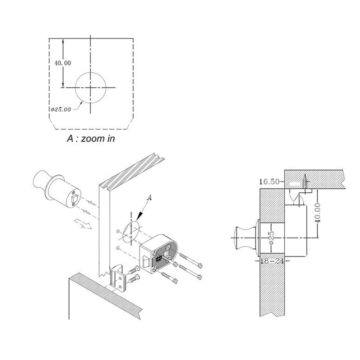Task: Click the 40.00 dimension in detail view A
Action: tap(63, 63)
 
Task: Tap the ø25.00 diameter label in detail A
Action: tap(61, 109)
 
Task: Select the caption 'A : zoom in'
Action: tap(91, 138)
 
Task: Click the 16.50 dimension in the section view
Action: tap(269, 181)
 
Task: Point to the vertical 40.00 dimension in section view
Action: tap(318, 213)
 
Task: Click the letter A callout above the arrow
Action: tap(149, 197)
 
